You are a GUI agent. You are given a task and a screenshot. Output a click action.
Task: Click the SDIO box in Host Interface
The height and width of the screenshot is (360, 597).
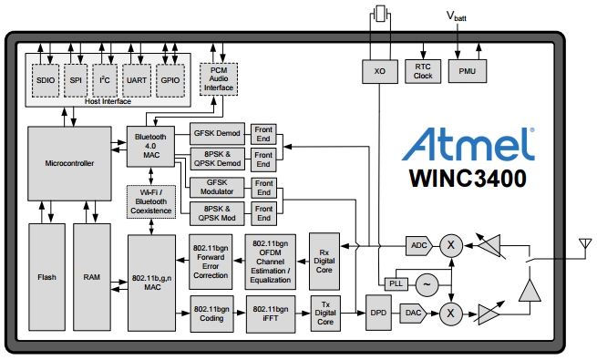tap(45, 80)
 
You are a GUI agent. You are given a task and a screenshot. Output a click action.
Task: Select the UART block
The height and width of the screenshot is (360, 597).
tap(136, 80)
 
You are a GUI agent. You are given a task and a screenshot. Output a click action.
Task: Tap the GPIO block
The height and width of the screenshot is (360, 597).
tap(170, 80)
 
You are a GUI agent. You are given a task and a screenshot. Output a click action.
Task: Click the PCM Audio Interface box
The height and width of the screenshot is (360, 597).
tap(219, 80)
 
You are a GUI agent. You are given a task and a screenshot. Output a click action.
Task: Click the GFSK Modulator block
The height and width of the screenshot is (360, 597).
tap(217, 188)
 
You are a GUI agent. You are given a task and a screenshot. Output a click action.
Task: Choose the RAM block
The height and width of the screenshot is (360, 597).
tap(91, 276)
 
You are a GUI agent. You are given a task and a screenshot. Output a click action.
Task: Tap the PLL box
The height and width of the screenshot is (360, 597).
tap(395, 283)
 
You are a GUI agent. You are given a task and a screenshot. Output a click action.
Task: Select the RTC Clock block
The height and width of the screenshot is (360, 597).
tap(423, 71)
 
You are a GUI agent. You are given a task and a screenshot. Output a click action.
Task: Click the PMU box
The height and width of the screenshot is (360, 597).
tap(467, 71)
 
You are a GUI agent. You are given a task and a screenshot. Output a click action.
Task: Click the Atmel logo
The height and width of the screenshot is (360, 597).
tap(467, 143)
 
